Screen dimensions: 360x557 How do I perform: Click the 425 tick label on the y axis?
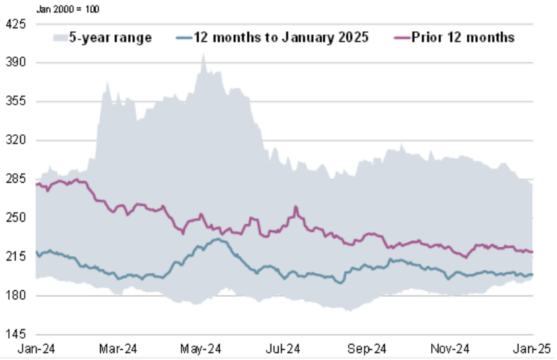pos(16,24)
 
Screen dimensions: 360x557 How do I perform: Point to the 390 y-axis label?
pos(16,63)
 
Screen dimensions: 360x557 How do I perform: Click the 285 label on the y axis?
pos(16,179)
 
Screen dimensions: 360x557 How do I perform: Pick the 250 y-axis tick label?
pos(16,218)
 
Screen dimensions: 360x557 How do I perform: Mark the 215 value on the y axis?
pos(16,257)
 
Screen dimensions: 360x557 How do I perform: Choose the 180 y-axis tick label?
pos(16,296)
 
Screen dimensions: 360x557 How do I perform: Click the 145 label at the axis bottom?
pos(16,335)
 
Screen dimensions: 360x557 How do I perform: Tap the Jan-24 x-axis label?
pos(38,350)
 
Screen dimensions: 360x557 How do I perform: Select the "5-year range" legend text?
pos(110,37)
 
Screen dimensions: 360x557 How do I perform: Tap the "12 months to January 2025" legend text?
pos(281,37)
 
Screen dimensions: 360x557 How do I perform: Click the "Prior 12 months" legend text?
pos(463,37)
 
